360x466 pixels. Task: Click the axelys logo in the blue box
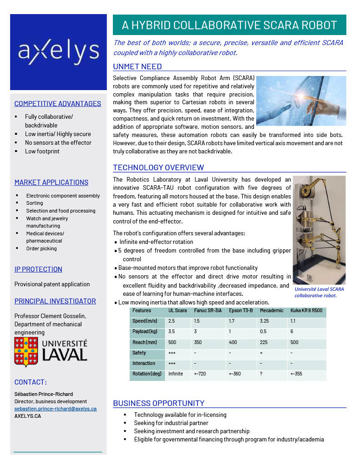pyautogui.click(x=58, y=52)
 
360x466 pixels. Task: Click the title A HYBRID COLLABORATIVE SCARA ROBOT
pyautogui.click(x=229, y=25)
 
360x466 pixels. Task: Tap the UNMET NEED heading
pyautogui.click(x=137, y=67)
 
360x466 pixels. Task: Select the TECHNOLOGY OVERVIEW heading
pyautogui.click(x=158, y=167)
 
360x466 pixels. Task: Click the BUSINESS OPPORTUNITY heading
pyautogui.click(x=158, y=403)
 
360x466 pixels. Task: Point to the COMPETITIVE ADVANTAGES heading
pyautogui.click(x=58, y=104)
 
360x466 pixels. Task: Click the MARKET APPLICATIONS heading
pyautogui.click(x=51, y=182)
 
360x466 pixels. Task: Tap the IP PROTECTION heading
pyautogui.click(x=38, y=269)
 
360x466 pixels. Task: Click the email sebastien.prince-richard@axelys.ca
pyautogui.click(x=56, y=409)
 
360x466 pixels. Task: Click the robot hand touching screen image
pyautogui.click(x=301, y=101)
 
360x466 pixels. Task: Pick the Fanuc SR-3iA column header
pyautogui.click(x=208, y=311)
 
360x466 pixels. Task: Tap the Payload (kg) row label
pyautogui.click(x=145, y=332)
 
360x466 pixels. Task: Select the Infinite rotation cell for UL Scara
pyautogui.click(x=176, y=374)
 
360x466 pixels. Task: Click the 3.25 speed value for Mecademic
pyautogui.click(x=264, y=321)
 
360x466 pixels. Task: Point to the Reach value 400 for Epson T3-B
pyautogui.click(x=233, y=342)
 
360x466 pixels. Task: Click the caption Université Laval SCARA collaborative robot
pyautogui.click(x=319, y=292)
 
